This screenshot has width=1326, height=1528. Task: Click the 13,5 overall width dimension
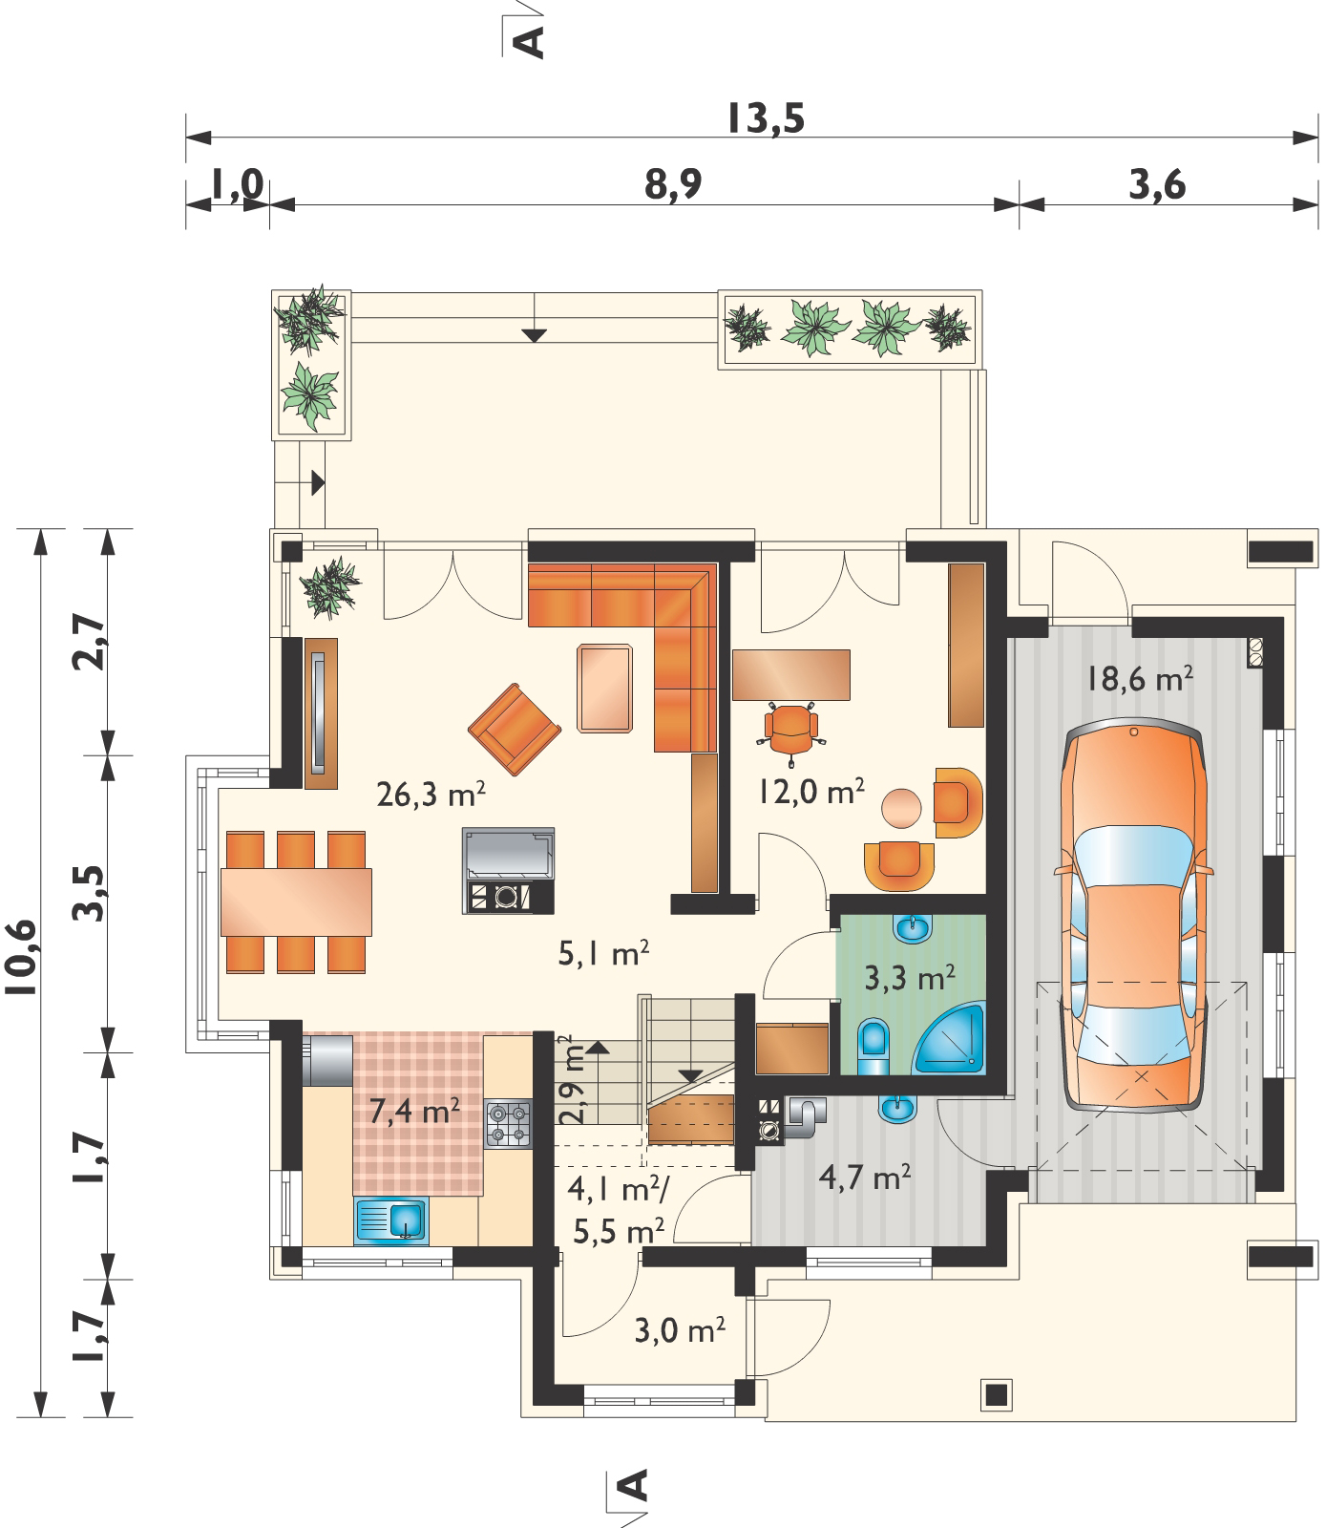coord(766,118)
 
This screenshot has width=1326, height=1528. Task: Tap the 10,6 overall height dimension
coord(23,957)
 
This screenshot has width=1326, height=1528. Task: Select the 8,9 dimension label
coord(673,183)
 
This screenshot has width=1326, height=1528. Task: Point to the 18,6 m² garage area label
coord(1139,678)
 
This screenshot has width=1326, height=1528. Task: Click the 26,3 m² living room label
coord(431,794)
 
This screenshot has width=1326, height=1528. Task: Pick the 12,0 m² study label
coord(811,791)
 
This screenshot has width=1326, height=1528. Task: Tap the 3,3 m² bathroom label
coord(910,978)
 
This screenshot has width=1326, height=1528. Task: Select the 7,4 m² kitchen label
coord(414,1111)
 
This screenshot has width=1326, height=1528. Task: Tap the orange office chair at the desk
coord(791,732)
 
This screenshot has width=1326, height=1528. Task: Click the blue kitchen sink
coord(391,1220)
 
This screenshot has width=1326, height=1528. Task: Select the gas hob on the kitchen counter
coord(508,1124)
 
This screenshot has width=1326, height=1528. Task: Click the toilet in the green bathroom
coord(873,1045)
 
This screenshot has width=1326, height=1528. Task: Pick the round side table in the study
coord(901,808)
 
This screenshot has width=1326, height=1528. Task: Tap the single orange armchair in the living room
coord(515,729)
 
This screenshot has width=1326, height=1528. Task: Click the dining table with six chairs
coord(296,902)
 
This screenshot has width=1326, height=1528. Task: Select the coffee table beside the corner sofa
coord(604,688)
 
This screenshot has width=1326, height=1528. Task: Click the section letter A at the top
coord(528,42)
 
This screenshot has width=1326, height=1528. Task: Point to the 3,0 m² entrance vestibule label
coord(680,1330)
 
